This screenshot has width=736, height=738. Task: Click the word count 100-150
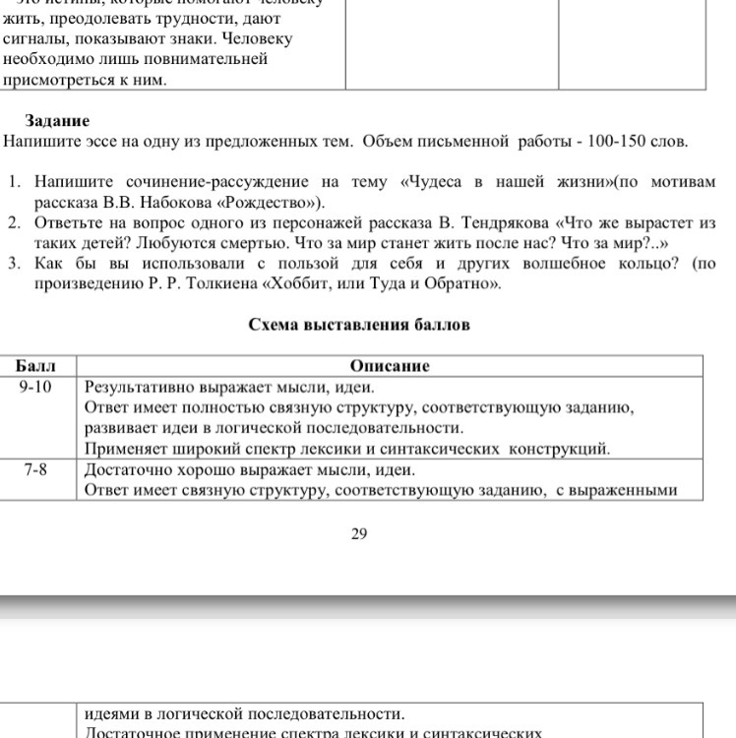tap(618, 141)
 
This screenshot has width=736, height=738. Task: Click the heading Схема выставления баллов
tap(360, 325)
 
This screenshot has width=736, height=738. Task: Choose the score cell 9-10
tap(36, 387)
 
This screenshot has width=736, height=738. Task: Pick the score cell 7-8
tap(36, 469)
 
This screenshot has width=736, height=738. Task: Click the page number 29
tap(359, 533)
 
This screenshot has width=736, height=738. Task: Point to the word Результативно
tap(139, 387)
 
